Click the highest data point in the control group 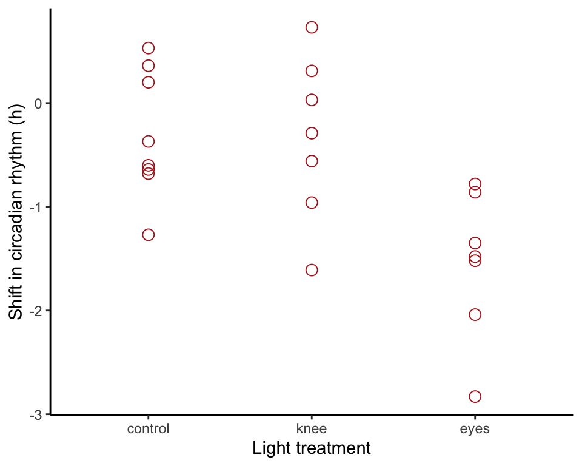(x=148, y=48)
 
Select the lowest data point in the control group (x=148, y=235)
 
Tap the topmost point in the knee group (x=312, y=27)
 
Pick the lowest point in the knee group (x=312, y=270)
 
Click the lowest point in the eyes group (x=475, y=396)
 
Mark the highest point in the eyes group (x=475, y=184)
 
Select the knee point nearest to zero (x=312, y=100)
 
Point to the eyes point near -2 (x=475, y=315)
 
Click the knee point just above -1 (x=312, y=203)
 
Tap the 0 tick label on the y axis (x=38, y=104)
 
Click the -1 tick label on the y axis (x=36, y=208)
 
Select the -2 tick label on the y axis (x=36, y=311)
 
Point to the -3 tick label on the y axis (x=36, y=415)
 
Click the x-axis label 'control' (x=148, y=429)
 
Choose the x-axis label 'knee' (x=312, y=428)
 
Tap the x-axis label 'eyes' (x=475, y=430)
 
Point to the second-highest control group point (x=148, y=66)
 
